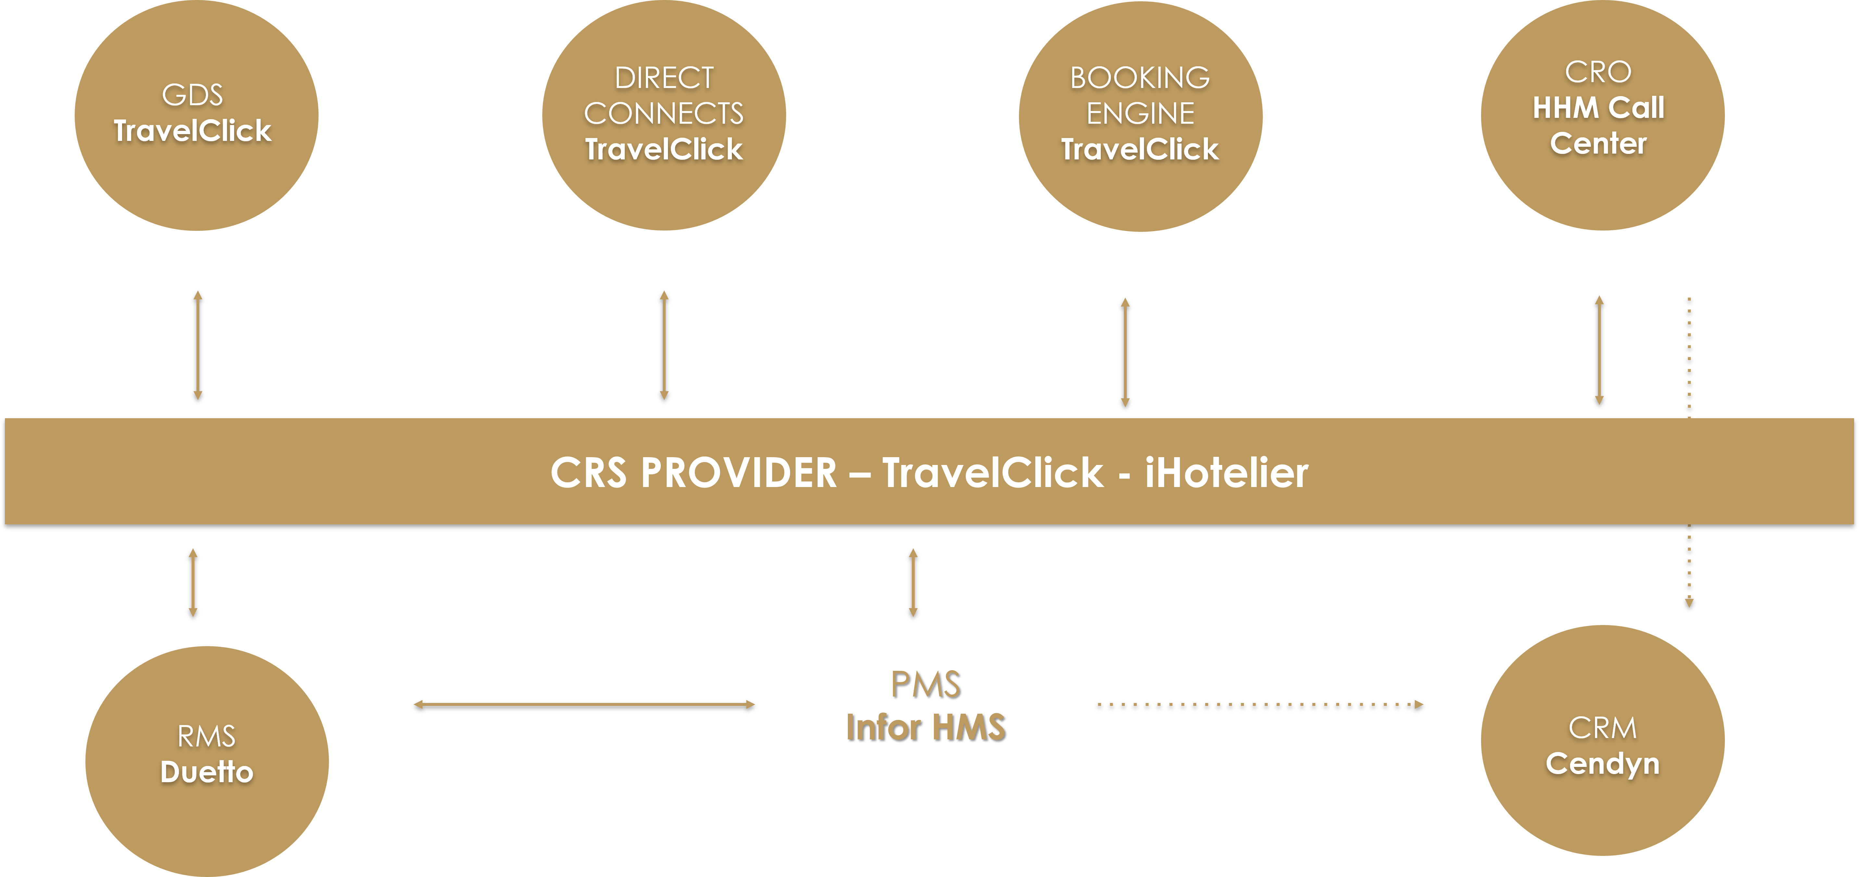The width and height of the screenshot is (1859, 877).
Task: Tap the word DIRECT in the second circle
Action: click(664, 78)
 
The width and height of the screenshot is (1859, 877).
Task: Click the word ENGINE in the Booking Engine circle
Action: click(1140, 113)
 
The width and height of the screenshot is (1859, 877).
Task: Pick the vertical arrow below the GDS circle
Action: click(198, 345)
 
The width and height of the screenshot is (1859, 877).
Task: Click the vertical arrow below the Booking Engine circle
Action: click(1125, 352)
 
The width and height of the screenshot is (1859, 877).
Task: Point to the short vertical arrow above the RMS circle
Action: click(193, 583)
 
